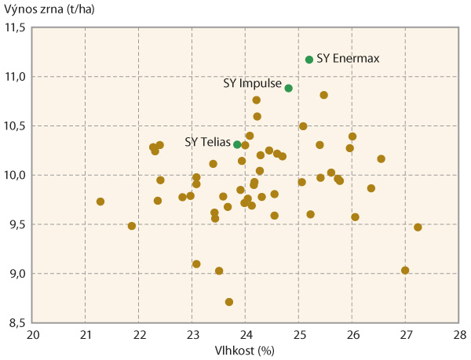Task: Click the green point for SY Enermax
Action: pos(309,60)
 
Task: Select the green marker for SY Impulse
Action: pos(289,89)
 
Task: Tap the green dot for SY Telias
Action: pos(237,144)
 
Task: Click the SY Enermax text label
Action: pos(349,60)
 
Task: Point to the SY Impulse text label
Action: pos(253,84)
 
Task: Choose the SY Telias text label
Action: pos(207,142)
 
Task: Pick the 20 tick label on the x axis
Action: pos(33,335)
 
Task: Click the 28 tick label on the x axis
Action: pos(458,335)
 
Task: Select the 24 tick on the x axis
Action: pos(246,335)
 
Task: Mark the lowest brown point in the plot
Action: pos(229,302)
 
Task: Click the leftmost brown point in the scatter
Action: pos(100,202)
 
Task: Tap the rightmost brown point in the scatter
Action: pos(418,227)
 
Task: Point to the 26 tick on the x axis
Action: pos(352,335)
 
